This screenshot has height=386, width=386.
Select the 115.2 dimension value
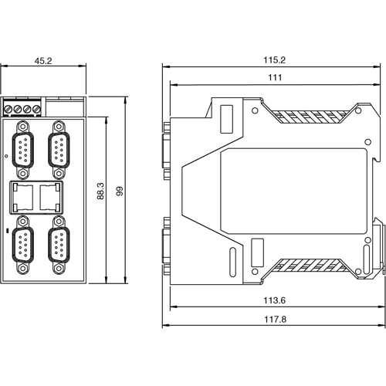click(x=274, y=59)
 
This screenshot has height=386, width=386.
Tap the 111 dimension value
click(x=274, y=77)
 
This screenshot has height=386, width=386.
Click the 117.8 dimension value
click(x=274, y=321)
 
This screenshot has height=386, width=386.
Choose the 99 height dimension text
click(x=119, y=191)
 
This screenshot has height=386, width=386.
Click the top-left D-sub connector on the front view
click(x=23, y=145)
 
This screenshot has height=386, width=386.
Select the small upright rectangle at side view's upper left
click(x=226, y=119)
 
